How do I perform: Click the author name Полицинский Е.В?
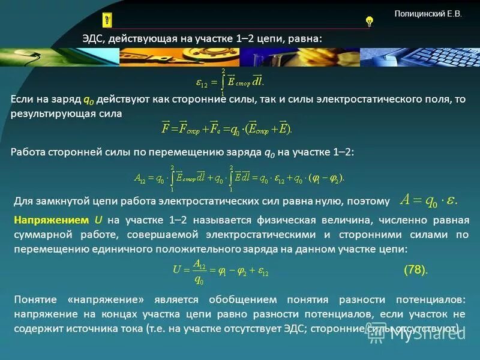(x=428, y=13)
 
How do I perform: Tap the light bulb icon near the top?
(x=369, y=22)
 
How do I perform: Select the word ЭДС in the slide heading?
(x=94, y=38)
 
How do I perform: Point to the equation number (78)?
(x=415, y=270)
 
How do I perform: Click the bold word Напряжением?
(x=51, y=220)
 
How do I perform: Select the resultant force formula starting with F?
(x=226, y=128)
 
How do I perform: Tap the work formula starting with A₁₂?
(x=239, y=178)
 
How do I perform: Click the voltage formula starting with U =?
(x=220, y=270)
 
